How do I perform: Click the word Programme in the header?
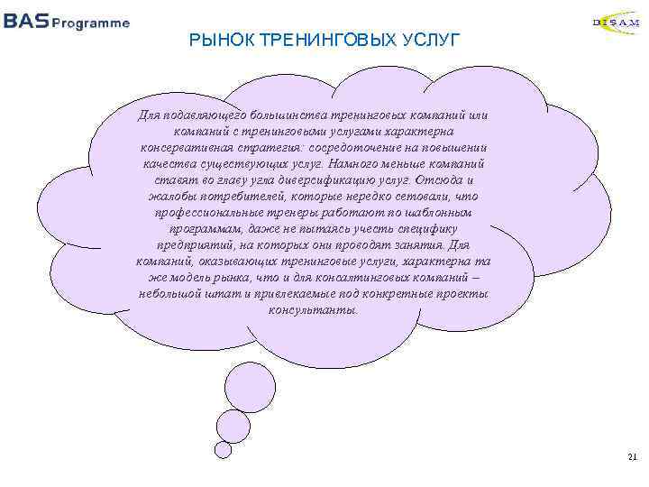[90, 23]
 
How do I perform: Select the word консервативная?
[181, 147]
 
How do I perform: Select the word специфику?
[437, 228]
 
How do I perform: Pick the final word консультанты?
[313, 309]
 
